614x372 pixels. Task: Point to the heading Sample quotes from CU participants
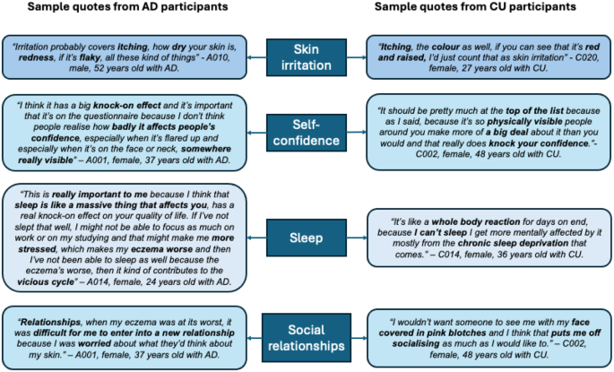tap(475, 8)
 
